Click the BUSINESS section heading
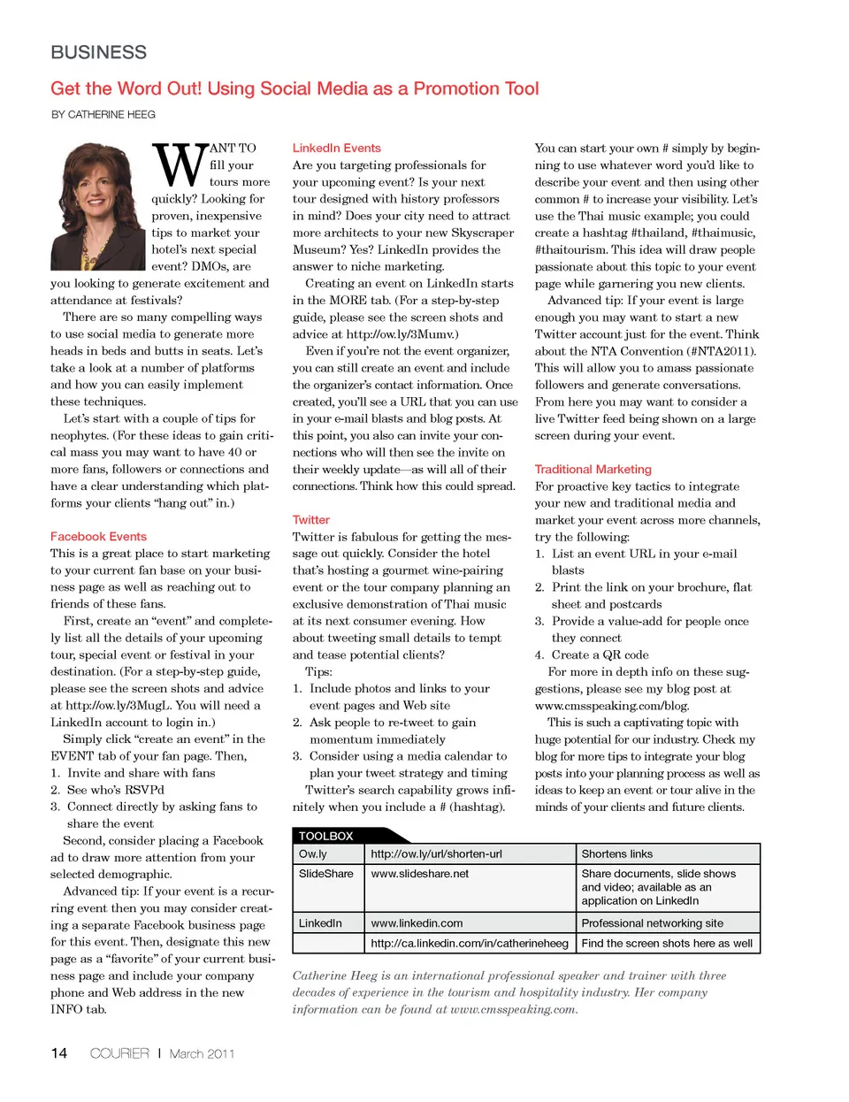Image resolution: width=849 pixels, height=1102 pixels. tap(99, 52)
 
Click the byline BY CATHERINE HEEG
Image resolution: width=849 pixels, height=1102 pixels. tap(103, 115)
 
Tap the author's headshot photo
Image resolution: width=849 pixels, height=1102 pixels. tap(98, 205)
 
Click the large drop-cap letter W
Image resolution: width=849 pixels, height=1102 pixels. tap(180, 165)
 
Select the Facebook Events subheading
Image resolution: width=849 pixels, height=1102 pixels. tap(98, 537)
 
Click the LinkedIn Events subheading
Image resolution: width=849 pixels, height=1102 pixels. tap(337, 149)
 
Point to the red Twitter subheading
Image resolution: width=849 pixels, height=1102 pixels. tap(311, 520)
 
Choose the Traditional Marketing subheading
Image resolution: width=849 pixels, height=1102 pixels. tap(593, 470)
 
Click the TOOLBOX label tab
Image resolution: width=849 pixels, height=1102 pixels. tap(326, 836)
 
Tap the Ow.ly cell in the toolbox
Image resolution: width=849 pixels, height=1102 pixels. tap(313, 854)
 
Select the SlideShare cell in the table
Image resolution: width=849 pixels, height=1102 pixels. tap(326, 874)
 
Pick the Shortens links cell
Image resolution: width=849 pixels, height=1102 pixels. tap(617, 854)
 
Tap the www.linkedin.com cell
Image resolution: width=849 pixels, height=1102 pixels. tap(417, 923)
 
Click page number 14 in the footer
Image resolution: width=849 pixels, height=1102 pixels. tap(59, 1053)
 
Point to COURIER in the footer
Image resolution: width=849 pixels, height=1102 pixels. tap(119, 1053)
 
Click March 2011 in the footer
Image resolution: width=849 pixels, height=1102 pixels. tap(202, 1053)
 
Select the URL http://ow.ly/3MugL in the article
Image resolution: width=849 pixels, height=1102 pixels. tap(119, 706)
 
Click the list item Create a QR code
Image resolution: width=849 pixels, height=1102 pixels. tap(600, 655)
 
